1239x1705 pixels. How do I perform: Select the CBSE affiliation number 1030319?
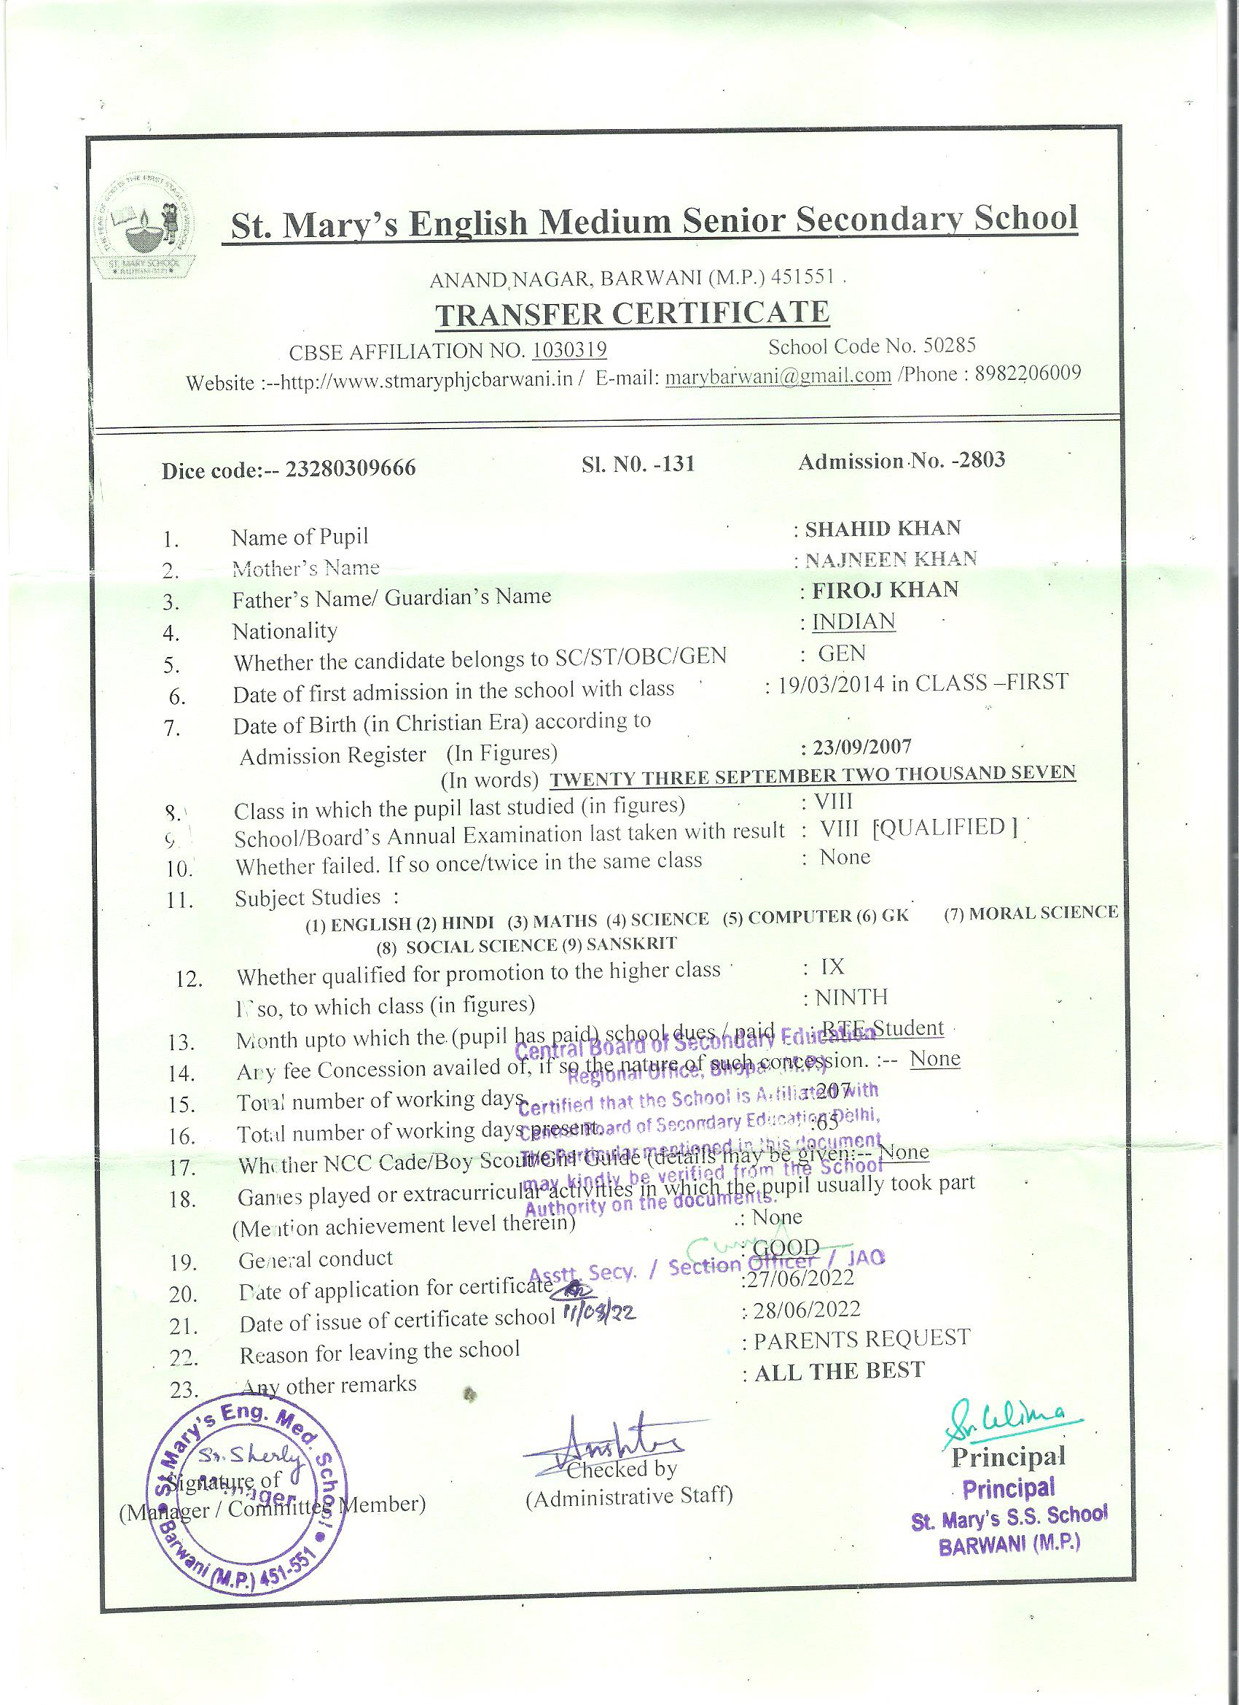[569, 350]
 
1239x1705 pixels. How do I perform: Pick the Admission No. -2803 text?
[902, 461]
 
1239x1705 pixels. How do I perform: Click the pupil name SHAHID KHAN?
[883, 529]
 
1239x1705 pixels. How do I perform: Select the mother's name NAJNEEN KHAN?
[891, 559]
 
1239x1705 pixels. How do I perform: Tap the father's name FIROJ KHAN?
[884, 589]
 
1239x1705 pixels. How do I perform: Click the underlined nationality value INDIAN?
[853, 622]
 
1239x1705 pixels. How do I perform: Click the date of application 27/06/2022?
[801, 1277]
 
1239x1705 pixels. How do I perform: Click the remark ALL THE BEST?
[840, 1370]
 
